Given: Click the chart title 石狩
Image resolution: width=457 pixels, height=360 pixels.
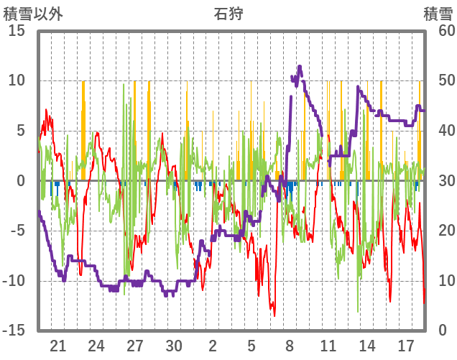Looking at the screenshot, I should (228, 12).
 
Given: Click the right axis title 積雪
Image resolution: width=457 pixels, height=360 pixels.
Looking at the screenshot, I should (438, 12).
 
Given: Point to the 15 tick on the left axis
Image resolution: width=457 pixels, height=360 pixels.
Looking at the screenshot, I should (16, 31).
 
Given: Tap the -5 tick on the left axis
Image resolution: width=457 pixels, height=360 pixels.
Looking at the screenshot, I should (17, 231).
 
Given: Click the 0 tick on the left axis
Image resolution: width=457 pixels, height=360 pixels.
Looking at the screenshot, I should (22, 181).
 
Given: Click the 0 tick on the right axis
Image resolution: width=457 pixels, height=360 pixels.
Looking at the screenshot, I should (439, 331).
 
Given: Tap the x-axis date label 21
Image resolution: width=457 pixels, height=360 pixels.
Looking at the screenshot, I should (58, 345).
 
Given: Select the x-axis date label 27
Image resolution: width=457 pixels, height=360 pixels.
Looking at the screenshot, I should (135, 345).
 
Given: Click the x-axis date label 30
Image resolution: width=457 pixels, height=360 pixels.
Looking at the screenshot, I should (174, 345).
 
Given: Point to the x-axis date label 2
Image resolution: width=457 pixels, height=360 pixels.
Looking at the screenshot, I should (213, 345).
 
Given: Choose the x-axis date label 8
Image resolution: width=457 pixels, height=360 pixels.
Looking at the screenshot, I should (290, 345).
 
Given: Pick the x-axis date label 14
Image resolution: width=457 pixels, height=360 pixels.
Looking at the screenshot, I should (366, 345).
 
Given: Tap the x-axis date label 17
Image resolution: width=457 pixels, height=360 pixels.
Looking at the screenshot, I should (405, 345).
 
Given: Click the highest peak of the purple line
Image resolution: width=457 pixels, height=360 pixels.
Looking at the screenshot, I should (300, 67).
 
